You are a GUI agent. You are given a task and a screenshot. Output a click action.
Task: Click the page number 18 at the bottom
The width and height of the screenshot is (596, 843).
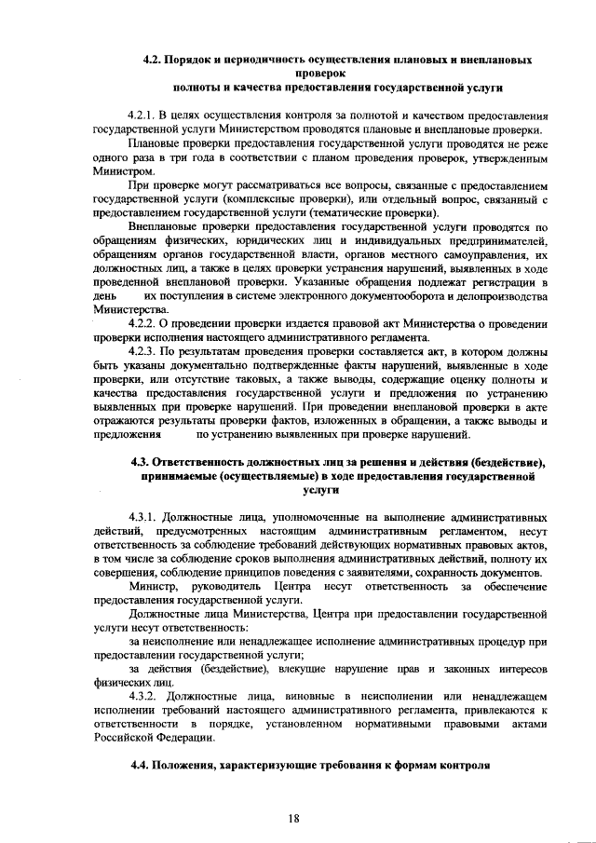point(293,818)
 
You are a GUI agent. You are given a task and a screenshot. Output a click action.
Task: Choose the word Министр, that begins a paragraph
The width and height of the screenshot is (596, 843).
point(155,588)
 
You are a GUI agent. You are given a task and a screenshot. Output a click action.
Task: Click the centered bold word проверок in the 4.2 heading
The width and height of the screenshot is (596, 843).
point(319,73)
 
